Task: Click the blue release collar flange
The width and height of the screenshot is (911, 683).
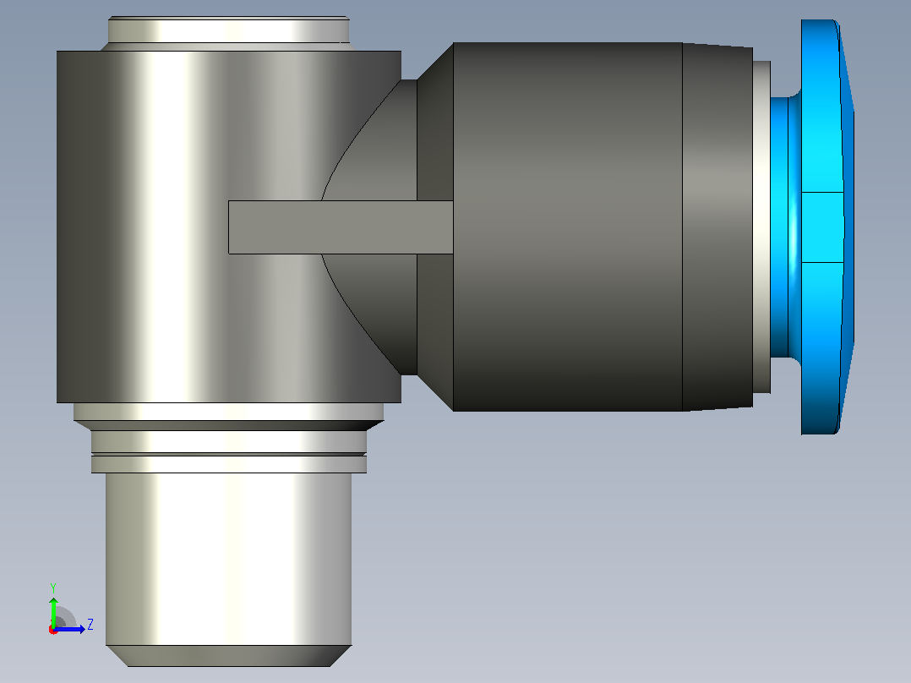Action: pyautogui.click(x=826, y=227)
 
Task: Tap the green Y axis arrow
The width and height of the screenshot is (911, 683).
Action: pyautogui.click(x=53, y=610)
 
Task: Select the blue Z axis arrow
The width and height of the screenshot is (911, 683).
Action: pyautogui.click(x=69, y=629)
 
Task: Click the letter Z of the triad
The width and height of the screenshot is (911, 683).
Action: pyautogui.click(x=90, y=625)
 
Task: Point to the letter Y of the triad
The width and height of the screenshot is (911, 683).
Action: pyautogui.click(x=53, y=587)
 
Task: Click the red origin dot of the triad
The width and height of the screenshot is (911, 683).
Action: pyautogui.click(x=53, y=630)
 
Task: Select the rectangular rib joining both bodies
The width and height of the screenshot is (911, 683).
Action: pyautogui.click(x=341, y=227)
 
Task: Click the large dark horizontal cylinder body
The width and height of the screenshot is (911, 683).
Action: pyautogui.click(x=567, y=227)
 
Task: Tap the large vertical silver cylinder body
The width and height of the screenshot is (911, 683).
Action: pyautogui.click(x=228, y=227)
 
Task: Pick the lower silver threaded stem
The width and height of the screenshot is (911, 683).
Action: pyautogui.click(x=228, y=559)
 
